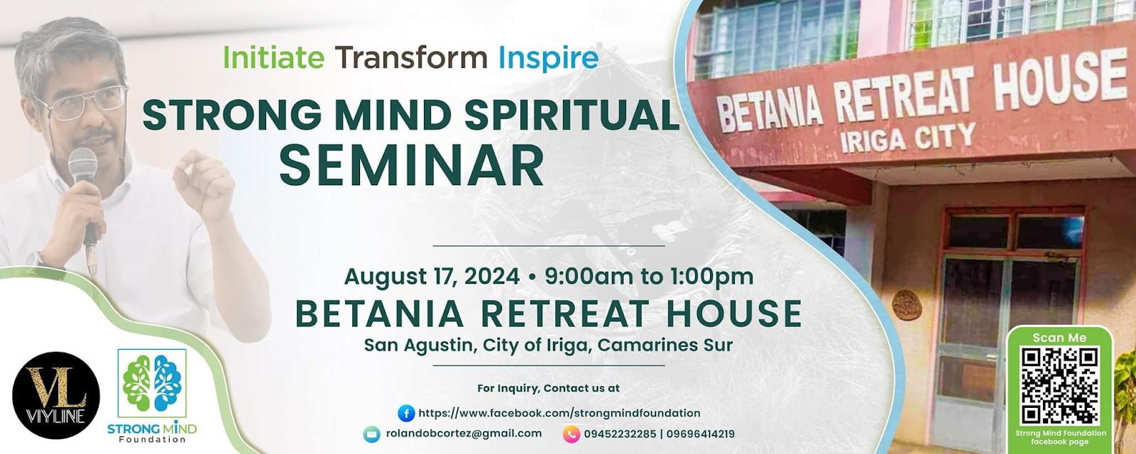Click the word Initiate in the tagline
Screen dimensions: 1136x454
tap(274, 57)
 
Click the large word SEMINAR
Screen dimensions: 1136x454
tap(412, 166)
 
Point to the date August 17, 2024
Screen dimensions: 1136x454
tap(432, 277)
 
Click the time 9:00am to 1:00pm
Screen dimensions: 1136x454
tap(649, 277)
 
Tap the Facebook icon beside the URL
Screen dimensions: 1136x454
tap(406, 413)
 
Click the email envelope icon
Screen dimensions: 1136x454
tap(372, 434)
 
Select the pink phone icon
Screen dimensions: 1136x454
tap(571, 434)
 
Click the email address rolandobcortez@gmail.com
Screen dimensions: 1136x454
tap(464, 433)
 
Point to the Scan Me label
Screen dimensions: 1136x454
tap(1059, 338)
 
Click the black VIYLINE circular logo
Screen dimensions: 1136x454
tap(56, 395)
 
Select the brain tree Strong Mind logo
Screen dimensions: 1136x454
tap(152, 382)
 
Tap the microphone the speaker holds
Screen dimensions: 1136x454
tap(85, 198)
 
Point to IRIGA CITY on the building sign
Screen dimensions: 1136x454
tap(908, 138)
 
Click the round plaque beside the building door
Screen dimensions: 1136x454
tap(907, 305)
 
